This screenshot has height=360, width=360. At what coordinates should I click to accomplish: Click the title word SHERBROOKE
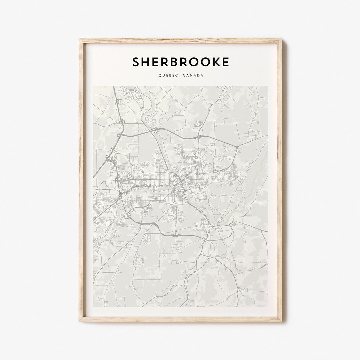tap(181, 62)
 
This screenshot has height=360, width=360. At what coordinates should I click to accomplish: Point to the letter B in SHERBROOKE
tap(175, 62)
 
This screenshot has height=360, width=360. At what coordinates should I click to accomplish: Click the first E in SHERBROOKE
tap(156, 62)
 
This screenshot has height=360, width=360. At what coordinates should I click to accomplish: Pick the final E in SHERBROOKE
tap(225, 62)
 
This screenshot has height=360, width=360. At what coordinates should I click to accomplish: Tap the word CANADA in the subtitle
tap(193, 76)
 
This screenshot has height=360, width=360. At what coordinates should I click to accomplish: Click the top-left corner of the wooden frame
tap(80, 39)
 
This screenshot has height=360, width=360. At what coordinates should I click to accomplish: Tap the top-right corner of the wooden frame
tap(281, 39)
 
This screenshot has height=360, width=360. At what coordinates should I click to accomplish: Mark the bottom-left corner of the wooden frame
tap(80, 321)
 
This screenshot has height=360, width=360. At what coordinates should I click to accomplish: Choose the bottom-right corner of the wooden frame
tap(281, 321)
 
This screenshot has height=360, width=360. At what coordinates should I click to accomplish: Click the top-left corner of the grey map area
tap(93, 86)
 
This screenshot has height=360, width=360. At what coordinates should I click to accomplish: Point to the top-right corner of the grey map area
tap(268, 86)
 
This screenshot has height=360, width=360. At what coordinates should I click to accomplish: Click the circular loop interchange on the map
tap(128, 215)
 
